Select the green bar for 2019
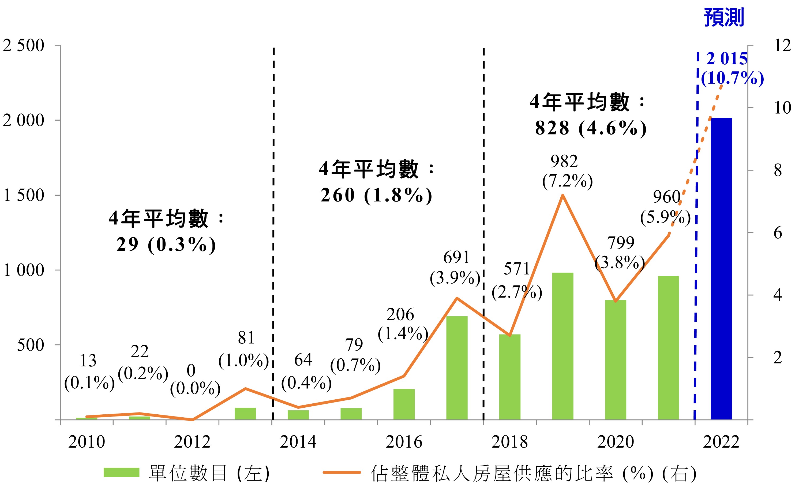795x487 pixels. [x=563, y=346]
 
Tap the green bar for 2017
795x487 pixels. [x=457, y=368]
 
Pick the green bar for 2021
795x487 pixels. [x=669, y=348]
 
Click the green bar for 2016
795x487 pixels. [x=404, y=404]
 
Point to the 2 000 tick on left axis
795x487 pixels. [x=23, y=120]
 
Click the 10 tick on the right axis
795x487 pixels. [x=782, y=107]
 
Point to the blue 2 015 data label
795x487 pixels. [x=727, y=59]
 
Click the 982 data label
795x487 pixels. [x=564, y=161]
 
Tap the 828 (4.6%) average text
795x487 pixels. [x=590, y=128]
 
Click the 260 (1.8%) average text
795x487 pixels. [x=376, y=195]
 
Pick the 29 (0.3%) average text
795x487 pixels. [x=166, y=244]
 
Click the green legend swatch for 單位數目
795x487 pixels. [x=121, y=473]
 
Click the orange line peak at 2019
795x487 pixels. [x=562, y=195]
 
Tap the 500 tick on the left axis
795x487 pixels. [x=30, y=345]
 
